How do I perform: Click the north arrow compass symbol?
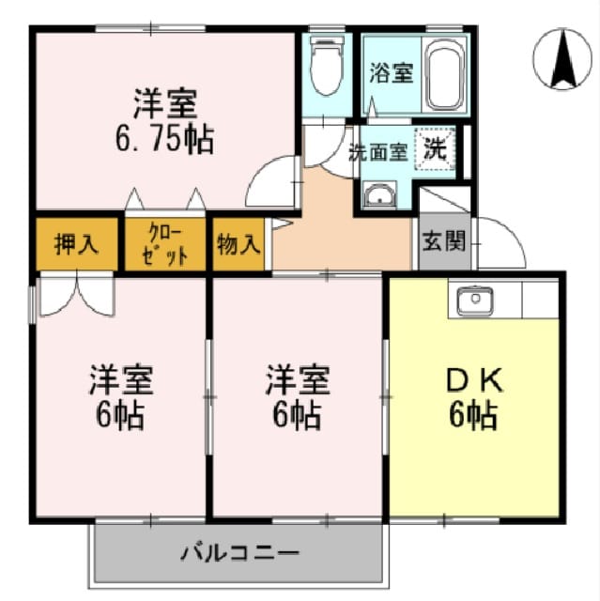point(562,58)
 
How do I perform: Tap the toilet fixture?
point(326,66)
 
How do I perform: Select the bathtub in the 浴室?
point(444,75)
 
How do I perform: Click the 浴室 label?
point(392,73)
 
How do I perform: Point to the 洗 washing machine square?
point(436,148)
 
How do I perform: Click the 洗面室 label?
point(377,152)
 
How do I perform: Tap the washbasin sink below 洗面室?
point(379,194)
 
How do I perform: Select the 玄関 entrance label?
point(444,241)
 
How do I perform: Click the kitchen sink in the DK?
point(475,300)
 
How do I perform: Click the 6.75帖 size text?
point(164,139)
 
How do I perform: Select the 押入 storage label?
point(76,244)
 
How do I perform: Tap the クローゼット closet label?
point(165,244)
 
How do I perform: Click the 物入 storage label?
point(238,244)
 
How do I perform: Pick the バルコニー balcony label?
point(239,553)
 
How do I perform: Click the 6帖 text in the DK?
point(473,415)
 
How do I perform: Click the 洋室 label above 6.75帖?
point(165,103)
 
